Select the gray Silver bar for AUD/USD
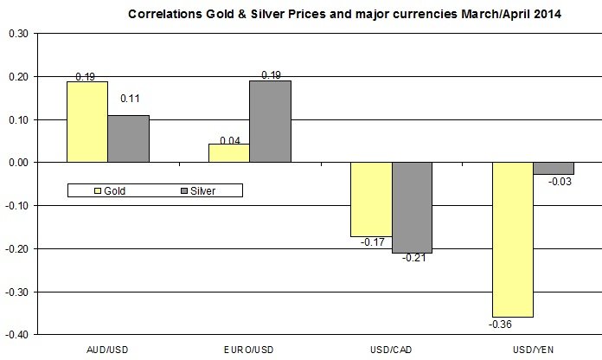(x=127, y=138)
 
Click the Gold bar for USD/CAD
(x=371, y=199)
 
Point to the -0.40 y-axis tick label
(x=16, y=334)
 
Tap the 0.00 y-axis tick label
(x=17, y=162)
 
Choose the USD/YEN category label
(x=534, y=347)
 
